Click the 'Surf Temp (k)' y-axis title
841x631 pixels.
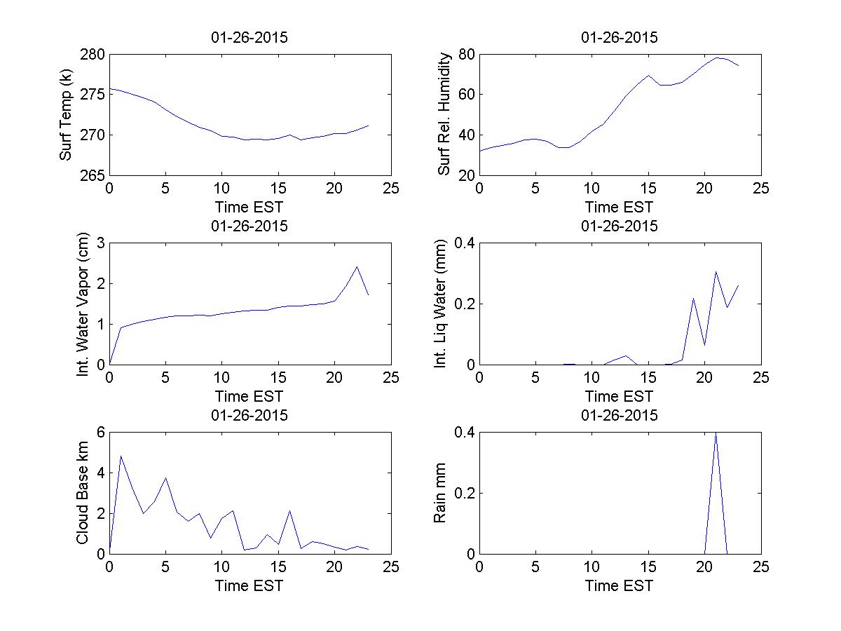coord(66,114)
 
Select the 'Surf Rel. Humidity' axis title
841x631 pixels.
coord(444,114)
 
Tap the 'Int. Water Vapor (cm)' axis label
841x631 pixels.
coord(83,304)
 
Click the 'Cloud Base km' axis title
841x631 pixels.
coord(83,493)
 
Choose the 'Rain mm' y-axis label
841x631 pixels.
coord(440,493)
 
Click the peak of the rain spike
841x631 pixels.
coord(716,433)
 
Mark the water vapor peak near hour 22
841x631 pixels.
coord(357,266)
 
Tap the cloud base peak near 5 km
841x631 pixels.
coord(121,456)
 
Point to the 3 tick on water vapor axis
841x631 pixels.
coord(100,243)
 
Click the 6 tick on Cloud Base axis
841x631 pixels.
coord(100,433)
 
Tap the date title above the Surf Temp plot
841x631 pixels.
coord(249,38)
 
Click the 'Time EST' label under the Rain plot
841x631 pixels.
coord(620,585)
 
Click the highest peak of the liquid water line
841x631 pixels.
coord(716,271)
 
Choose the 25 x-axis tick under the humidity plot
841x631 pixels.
coord(760,188)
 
